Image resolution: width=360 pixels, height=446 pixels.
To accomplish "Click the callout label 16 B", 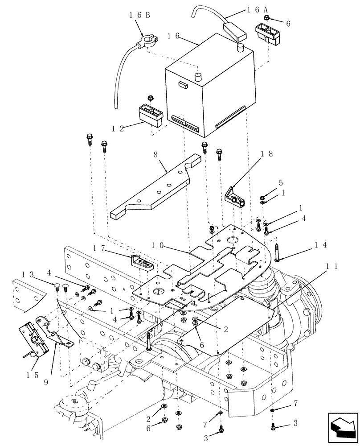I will (139, 14).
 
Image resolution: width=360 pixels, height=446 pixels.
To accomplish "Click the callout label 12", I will (118, 128).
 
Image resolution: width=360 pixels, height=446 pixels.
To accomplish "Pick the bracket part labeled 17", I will (143, 262).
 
